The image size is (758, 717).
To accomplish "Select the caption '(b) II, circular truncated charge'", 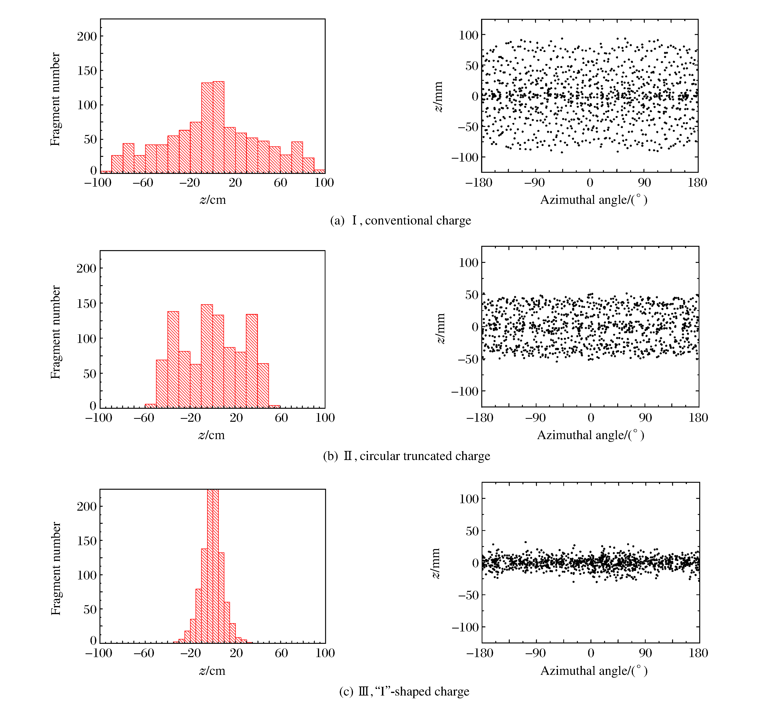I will click(x=406, y=456).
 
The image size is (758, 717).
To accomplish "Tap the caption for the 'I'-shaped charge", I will click(x=404, y=691).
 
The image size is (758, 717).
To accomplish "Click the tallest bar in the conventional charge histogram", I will click(x=218, y=126).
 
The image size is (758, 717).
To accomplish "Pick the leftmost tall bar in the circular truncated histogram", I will click(x=173, y=359).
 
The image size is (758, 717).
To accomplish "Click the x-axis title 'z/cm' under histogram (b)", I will click(x=211, y=435).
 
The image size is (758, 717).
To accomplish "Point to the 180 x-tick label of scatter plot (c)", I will click(x=698, y=653).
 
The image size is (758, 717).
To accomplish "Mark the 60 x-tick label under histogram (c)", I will click(x=281, y=653).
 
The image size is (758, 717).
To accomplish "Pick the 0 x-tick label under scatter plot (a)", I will click(x=590, y=183).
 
